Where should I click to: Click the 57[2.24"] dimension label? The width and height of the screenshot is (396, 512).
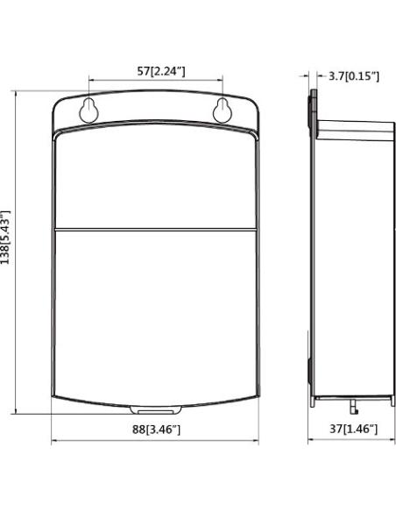coord(161,71)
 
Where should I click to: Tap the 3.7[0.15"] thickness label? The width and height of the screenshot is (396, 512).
coord(354,76)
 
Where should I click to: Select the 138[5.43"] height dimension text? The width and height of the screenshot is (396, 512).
coord(5,237)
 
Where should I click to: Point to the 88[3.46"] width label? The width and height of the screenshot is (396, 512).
coord(156,429)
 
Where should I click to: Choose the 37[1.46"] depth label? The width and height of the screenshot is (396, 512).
coord(353,429)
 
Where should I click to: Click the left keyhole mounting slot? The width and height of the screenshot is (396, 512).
coord(88,110)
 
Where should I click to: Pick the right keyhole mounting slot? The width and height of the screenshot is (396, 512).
coord(223,110)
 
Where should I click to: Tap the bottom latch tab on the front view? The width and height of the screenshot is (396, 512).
coord(156,410)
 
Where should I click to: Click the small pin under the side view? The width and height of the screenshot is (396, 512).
coord(354,408)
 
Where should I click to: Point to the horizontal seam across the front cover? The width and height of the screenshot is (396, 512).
coord(156,230)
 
